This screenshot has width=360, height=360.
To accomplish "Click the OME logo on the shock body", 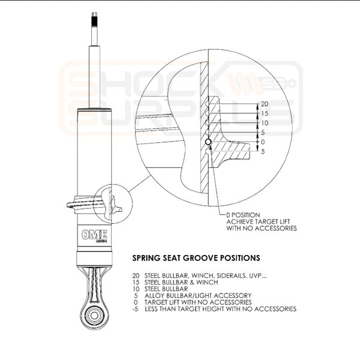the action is click(94, 235).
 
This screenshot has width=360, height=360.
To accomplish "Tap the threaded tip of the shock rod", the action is click(95, 19).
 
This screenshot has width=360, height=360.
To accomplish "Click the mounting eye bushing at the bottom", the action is click(94, 315).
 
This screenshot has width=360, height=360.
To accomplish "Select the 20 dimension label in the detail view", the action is click(265, 104).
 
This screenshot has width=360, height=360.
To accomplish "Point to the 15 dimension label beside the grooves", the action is click(265, 113).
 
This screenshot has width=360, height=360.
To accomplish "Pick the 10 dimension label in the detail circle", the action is click(265, 123).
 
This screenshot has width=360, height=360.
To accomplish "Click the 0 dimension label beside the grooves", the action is click(263, 142).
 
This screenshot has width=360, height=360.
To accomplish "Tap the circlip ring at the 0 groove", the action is click(208, 142).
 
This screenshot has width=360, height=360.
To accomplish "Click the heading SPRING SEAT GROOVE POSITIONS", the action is click(196, 258).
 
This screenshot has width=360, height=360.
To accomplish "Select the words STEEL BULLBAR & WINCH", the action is click(181, 282).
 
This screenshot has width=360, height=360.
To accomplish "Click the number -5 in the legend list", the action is click(136, 309).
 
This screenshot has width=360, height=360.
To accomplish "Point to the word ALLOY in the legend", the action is click(154, 295).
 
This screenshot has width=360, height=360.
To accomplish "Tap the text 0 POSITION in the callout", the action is click(243, 215).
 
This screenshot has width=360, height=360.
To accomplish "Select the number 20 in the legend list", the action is click(136, 275).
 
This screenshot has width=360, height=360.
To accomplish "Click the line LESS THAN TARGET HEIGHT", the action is click(221, 309).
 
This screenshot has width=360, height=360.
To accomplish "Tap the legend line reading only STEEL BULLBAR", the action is click(166, 289).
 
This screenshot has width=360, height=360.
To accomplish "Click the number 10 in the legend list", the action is click(136, 289).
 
